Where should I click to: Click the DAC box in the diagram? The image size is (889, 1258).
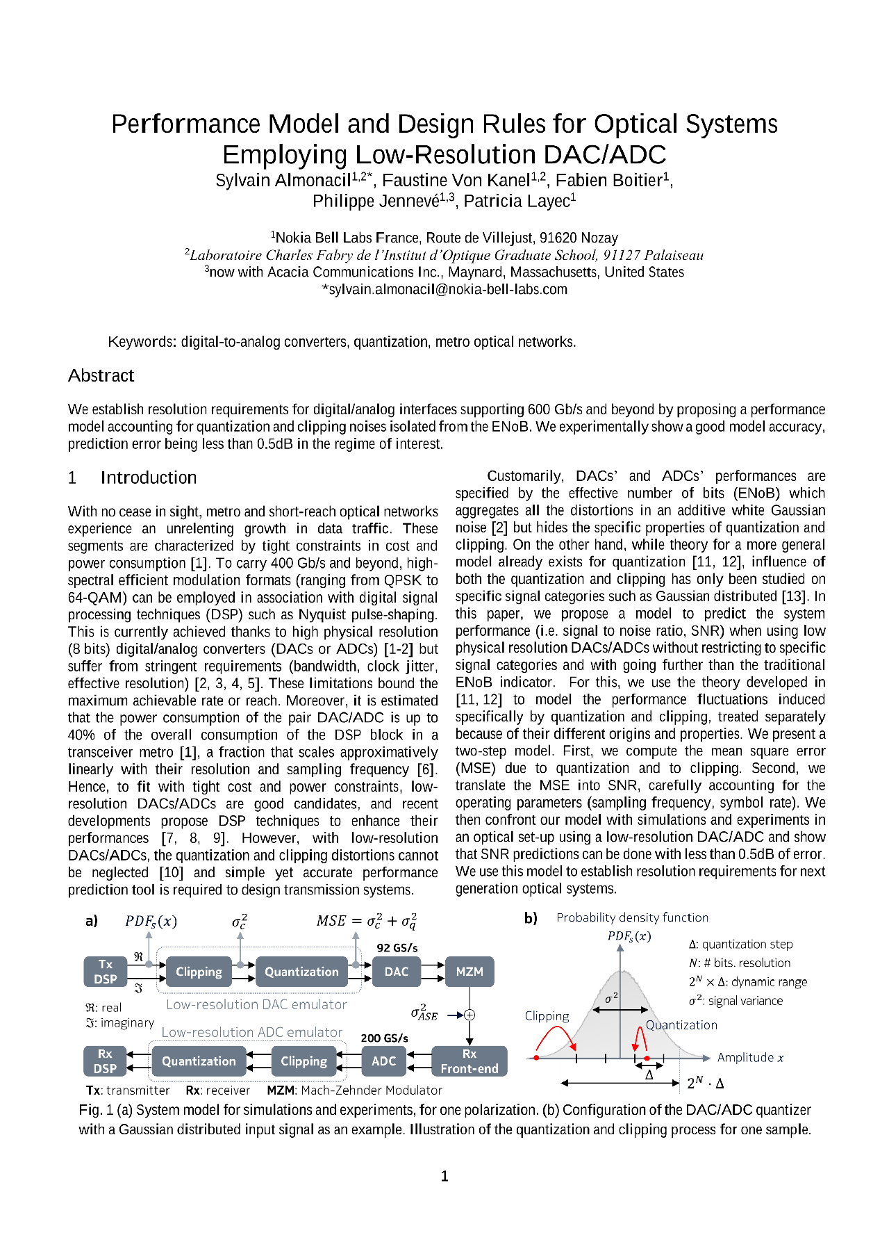pyautogui.click(x=397, y=971)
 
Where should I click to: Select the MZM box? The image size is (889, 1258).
pyautogui.click(x=470, y=971)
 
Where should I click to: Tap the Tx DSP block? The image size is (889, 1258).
pyautogui.click(x=106, y=971)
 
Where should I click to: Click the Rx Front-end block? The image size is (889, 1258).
pyautogui.click(x=470, y=1061)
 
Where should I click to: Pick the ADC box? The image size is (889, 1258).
pyautogui.click(x=383, y=1061)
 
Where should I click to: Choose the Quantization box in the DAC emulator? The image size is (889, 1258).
pyautogui.click(x=301, y=971)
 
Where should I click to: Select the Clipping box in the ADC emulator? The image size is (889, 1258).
pyautogui.click(x=304, y=1061)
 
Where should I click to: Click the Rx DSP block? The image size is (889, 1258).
pyautogui.click(x=105, y=1061)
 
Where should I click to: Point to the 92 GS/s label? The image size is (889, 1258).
pyautogui.click(x=397, y=947)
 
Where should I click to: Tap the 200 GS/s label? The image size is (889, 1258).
pyautogui.click(x=384, y=1038)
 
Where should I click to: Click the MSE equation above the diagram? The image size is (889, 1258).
pyautogui.click(x=366, y=921)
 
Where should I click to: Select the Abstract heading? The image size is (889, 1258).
pyautogui.click(x=101, y=375)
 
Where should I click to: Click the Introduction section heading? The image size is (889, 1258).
pyautogui.click(x=148, y=477)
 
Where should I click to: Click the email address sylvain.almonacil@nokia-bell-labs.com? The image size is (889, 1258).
pyautogui.click(x=444, y=289)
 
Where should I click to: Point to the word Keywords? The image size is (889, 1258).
pyautogui.click(x=141, y=342)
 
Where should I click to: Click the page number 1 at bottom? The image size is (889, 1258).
pyautogui.click(x=444, y=1176)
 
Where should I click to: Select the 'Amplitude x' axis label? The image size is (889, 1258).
pyautogui.click(x=750, y=1057)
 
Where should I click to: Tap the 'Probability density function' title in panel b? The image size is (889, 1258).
pyautogui.click(x=632, y=917)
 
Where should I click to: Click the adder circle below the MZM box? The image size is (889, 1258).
pyautogui.click(x=470, y=1015)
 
